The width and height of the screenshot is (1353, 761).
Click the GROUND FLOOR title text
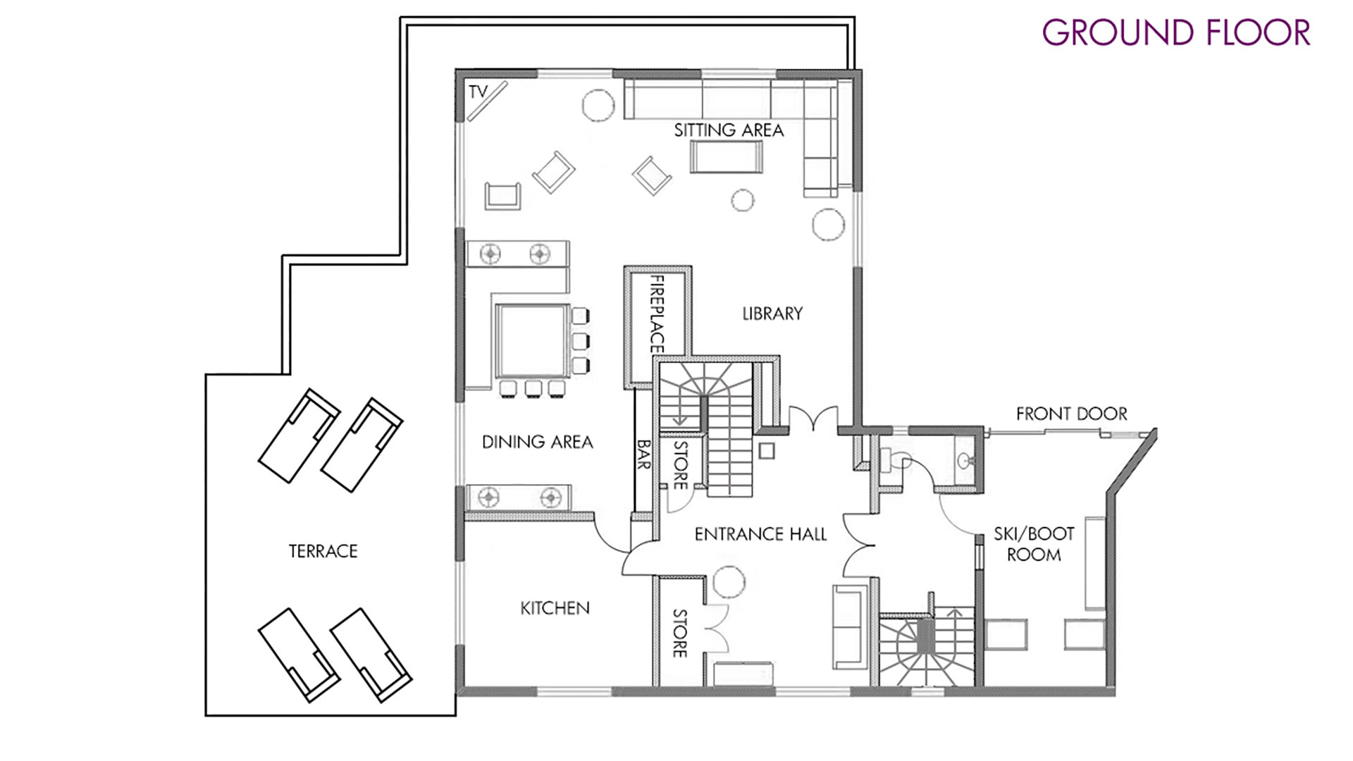tap(1176, 32)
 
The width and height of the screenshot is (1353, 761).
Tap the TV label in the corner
tap(478, 92)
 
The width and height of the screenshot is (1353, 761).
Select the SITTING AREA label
tap(729, 130)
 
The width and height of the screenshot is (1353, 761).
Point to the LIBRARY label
tap(772, 314)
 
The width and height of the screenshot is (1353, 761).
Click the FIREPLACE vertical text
tap(657, 314)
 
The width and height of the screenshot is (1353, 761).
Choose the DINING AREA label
tap(537, 442)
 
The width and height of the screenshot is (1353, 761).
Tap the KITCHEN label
tap(555, 608)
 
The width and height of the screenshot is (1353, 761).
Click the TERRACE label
tap(323, 551)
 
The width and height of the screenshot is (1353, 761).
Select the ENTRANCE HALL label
tap(760, 534)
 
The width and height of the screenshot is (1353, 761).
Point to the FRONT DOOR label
tap(1071, 414)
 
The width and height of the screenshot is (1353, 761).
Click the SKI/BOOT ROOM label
tap(1034, 544)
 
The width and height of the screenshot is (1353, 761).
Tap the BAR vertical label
tap(643, 454)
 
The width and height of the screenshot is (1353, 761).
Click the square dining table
tap(532, 341)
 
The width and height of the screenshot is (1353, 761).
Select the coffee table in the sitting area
tap(727, 156)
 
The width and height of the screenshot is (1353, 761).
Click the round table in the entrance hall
tap(729, 582)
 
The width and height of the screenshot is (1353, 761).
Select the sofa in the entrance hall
tap(850, 626)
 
